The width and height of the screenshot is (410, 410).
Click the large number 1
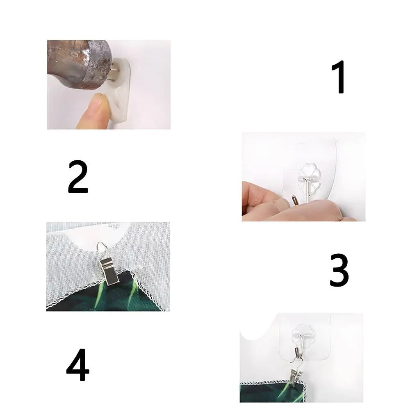coord(339,77)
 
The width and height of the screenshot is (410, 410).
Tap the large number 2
coord(77,177)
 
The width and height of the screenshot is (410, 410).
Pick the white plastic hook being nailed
coord(121,89)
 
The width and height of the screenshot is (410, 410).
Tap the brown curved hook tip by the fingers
coord(294,201)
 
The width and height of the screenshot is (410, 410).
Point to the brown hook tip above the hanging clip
coord(296,353)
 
